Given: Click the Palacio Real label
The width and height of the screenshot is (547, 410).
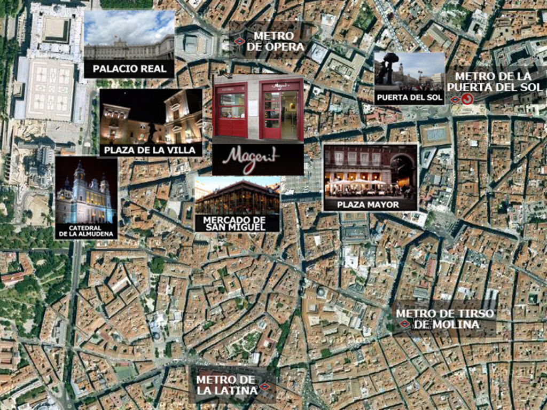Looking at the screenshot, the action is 129,68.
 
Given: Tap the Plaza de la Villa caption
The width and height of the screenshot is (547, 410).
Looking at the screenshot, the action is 150,150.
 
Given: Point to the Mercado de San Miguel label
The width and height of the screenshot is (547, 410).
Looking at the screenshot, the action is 237,224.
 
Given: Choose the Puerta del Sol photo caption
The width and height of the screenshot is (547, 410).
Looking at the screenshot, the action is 409,98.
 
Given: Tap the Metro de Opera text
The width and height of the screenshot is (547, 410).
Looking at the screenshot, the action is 275,41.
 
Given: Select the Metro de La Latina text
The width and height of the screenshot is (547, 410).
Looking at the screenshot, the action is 226,385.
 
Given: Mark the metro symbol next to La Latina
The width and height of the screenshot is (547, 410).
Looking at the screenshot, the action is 264,387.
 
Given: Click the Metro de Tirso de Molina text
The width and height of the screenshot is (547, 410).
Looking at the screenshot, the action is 445,319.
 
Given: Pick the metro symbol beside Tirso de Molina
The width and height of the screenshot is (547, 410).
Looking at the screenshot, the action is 404,324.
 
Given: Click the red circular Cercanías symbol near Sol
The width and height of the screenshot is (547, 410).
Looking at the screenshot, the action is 467,99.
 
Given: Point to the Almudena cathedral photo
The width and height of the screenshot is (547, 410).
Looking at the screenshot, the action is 85,195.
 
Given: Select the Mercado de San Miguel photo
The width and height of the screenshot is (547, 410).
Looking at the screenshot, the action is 237,196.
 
